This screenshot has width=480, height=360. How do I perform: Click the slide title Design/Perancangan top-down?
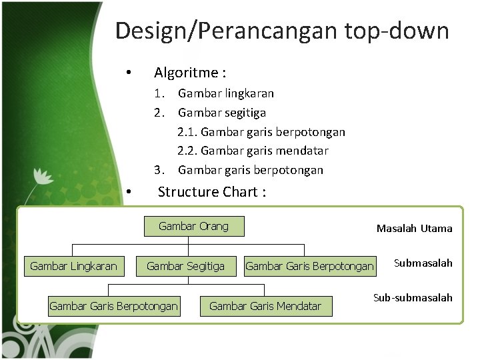tap(281, 31)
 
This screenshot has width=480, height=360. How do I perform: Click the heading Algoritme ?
tap(189, 72)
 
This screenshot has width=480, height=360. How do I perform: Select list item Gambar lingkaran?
tap(226, 93)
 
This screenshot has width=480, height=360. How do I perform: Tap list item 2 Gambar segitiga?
tap(222, 113)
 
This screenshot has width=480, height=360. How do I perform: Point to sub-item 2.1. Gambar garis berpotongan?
tap(261, 132)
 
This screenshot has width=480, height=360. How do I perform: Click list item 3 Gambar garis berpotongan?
tap(251, 170)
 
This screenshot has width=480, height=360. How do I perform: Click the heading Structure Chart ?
tap(212, 192)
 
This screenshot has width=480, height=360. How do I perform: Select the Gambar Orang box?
tap(193, 226)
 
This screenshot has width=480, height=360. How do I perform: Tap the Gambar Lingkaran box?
tap(73, 267)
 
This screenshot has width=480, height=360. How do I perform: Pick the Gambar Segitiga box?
tap(185, 267)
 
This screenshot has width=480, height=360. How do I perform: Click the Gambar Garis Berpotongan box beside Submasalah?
tap(309, 267)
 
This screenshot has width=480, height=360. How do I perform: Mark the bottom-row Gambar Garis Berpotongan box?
tap(113, 306)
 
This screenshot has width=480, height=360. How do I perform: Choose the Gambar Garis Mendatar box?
tap(265, 306)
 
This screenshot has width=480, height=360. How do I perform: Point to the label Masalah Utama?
tap(414, 229)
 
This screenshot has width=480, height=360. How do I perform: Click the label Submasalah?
tap(423, 263)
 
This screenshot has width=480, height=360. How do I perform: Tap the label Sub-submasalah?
tap(413, 298)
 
